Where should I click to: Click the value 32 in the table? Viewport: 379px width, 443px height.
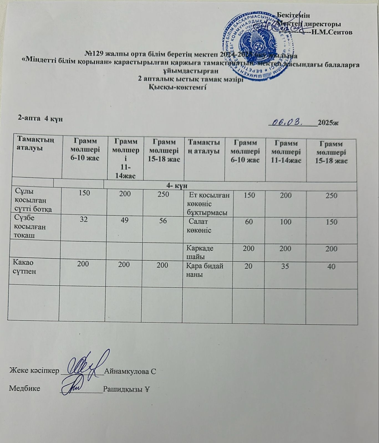(84, 220)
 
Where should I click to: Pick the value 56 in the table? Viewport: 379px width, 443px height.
(163, 221)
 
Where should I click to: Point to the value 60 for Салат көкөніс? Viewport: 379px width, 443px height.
(249, 222)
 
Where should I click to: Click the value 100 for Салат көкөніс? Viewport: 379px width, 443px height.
(286, 222)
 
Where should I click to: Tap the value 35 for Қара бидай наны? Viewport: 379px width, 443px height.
(286, 266)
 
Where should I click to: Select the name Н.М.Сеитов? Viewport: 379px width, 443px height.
(332, 32)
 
